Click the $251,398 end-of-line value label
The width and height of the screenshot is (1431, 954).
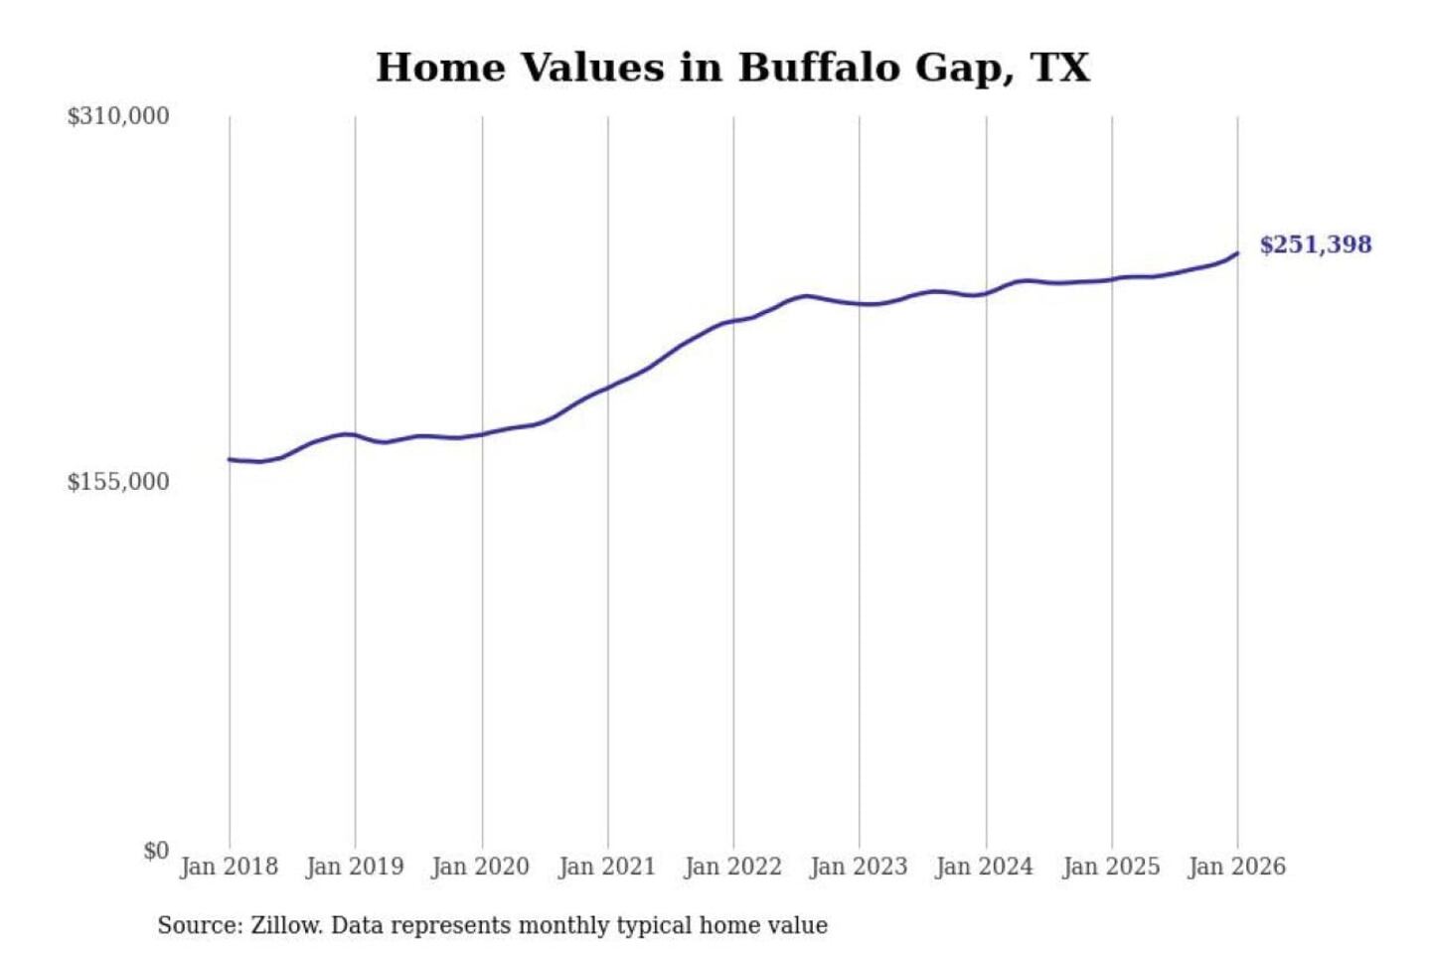click(x=1315, y=244)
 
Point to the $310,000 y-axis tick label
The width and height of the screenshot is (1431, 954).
click(x=118, y=116)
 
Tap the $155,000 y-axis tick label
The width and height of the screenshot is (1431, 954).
click(x=118, y=482)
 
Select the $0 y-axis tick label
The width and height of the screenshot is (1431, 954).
click(x=156, y=851)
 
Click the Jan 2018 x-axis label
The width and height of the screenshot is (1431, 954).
click(x=229, y=867)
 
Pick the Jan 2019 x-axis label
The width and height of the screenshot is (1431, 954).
click(x=355, y=867)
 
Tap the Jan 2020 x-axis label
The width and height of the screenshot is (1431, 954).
click(x=481, y=867)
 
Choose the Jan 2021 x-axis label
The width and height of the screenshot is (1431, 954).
click(x=607, y=867)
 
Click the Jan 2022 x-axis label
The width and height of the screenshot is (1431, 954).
click(x=733, y=867)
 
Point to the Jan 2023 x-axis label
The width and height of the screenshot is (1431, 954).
click(x=859, y=867)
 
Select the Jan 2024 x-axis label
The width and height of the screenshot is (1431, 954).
click(x=985, y=867)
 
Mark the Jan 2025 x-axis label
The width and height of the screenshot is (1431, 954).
click(x=1111, y=867)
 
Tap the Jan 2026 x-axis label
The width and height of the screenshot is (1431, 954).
click(x=1237, y=867)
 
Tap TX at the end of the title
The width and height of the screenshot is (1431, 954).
click(x=1060, y=68)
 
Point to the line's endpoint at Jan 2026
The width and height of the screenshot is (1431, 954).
click(x=1237, y=253)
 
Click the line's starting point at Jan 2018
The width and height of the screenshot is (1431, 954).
click(x=230, y=459)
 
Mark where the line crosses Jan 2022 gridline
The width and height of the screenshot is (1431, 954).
click(x=733, y=321)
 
